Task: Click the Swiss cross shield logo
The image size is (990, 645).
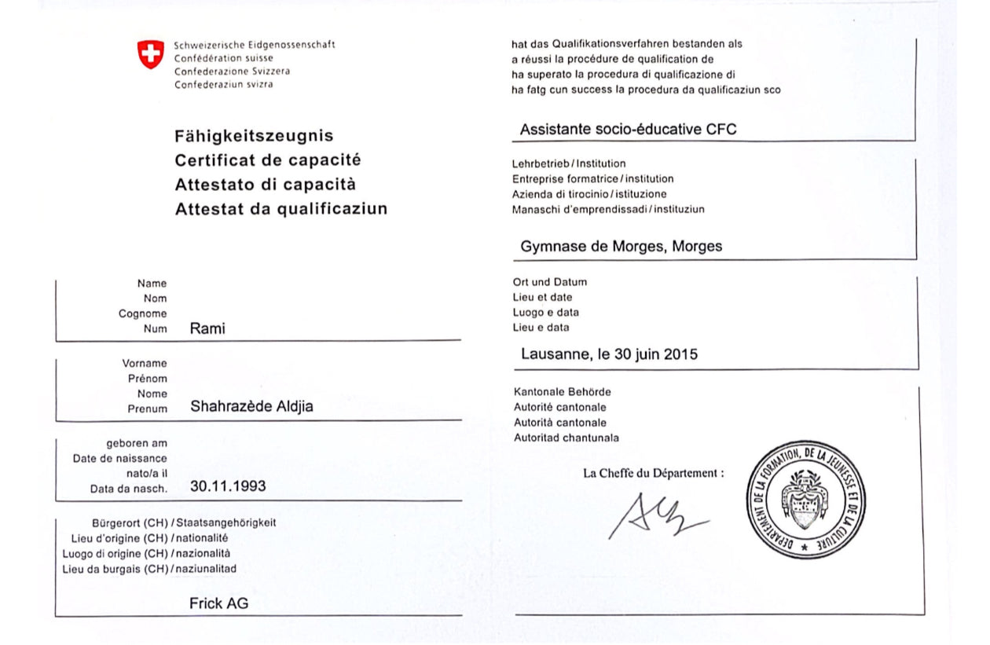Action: pyautogui.click(x=151, y=54)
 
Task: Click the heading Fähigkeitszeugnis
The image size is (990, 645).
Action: pyautogui.click(x=254, y=136)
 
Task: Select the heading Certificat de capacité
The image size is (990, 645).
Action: pyautogui.click(x=267, y=160)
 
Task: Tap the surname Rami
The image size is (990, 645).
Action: pyautogui.click(x=207, y=328)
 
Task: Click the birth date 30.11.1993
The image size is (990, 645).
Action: pyautogui.click(x=228, y=486)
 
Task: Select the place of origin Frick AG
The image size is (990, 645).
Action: pyautogui.click(x=218, y=603)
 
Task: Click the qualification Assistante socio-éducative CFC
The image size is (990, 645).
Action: pyautogui.click(x=628, y=130)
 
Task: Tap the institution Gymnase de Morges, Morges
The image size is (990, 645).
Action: pyautogui.click(x=621, y=247)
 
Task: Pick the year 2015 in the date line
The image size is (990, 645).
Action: pyautogui.click(x=680, y=354)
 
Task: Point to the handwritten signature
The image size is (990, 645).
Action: pyautogui.click(x=656, y=516)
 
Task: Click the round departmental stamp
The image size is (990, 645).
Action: pyautogui.click(x=805, y=500)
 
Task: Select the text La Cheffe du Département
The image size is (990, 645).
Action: pyautogui.click(x=653, y=473)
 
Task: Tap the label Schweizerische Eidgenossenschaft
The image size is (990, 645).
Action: pyautogui.click(x=255, y=45)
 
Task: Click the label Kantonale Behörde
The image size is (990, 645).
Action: pyautogui.click(x=562, y=391)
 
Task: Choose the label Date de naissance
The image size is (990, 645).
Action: pyautogui.click(x=120, y=458)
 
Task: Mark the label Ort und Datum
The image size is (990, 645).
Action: pyautogui.click(x=549, y=282)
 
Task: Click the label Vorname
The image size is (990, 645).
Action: pyautogui.click(x=144, y=363)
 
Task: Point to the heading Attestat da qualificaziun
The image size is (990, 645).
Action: pyautogui.click(x=280, y=210)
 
